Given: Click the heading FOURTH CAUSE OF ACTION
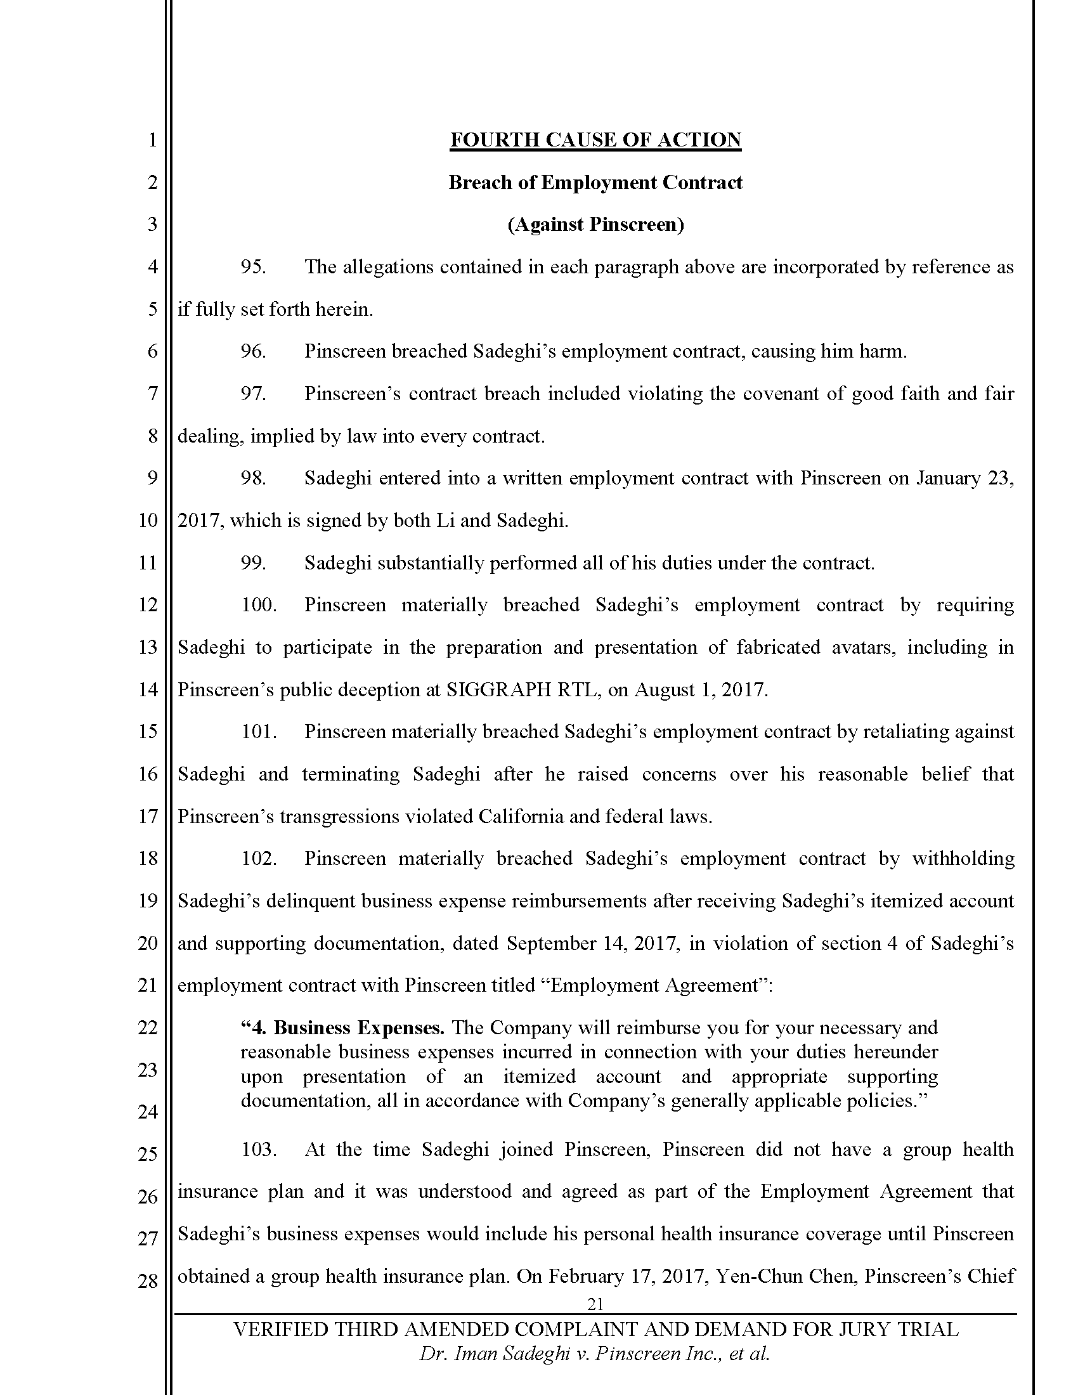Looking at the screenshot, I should click(x=595, y=140).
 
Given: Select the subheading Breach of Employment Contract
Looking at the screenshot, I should click(x=595, y=183).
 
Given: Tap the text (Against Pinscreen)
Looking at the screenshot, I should click(x=595, y=225).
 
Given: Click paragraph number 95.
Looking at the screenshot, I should click(x=253, y=267).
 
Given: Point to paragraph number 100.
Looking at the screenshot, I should click(x=259, y=605).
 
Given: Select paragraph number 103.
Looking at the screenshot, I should click(x=259, y=1150).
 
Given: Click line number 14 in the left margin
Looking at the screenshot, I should click(x=148, y=690).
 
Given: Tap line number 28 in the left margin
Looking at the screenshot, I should click(x=148, y=1281).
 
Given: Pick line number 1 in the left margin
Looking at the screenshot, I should click(x=152, y=140).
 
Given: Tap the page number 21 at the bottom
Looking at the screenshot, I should click(x=595, y=1304).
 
